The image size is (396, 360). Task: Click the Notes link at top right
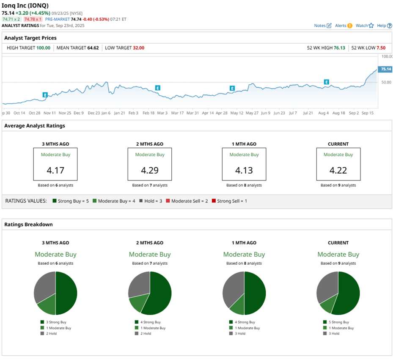click(322, 26)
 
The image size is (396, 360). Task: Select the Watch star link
click(364, 26)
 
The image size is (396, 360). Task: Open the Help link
click(384, 26)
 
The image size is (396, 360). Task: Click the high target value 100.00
click(43, 48)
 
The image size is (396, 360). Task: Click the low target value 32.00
click(138, 48)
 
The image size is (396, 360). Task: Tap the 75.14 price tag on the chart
click(385, 69)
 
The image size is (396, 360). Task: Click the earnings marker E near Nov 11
click(45, 94)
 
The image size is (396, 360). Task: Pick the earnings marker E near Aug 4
click(326, 82)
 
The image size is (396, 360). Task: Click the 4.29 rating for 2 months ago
click(150, 171)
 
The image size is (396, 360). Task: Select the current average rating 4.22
click(338, 171)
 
